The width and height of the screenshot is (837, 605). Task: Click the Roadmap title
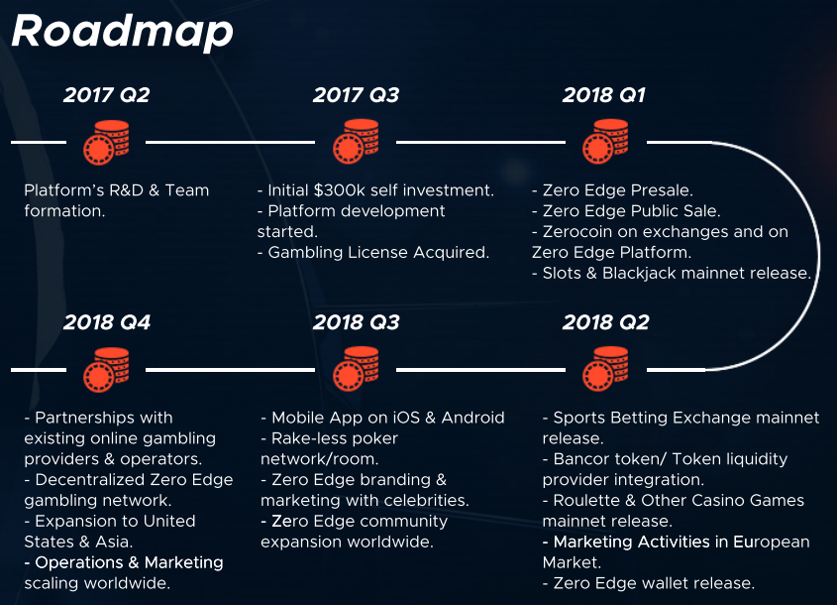click(x=122, y=32)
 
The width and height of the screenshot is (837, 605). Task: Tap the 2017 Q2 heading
click(x=107, y=95)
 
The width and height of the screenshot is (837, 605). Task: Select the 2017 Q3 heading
click(x=356, y=95)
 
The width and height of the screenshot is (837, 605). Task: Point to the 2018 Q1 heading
click(x=604, y=95)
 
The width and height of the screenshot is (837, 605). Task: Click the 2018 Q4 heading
click(x=107, y=322)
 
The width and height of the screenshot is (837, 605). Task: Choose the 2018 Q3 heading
click(x=356, y=322)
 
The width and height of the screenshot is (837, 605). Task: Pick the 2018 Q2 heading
click(x=606, y=322)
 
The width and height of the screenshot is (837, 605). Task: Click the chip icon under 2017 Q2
click(x=106, y=142)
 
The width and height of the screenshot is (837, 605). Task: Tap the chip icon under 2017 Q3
click(x=356, y=142)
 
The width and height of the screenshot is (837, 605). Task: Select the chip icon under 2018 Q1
click(x=605, y=142)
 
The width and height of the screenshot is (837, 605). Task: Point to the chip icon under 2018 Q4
click(x=106, y=370)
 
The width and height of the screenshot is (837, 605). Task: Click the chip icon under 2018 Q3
click(x=356, y=369)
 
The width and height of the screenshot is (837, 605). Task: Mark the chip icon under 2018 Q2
click(x=605, y=369)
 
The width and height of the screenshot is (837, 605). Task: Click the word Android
click(x=472, y=418)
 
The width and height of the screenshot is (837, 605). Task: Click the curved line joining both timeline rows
click(x=818, y=256)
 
